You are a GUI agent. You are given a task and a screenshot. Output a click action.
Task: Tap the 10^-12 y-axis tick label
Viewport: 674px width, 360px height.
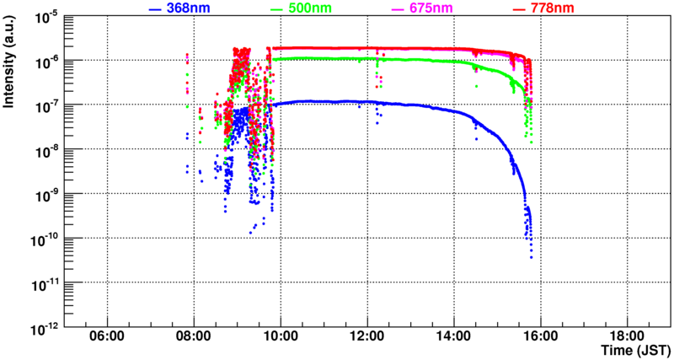46,325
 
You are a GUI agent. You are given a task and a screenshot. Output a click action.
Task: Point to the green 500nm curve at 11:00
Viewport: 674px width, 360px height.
324,58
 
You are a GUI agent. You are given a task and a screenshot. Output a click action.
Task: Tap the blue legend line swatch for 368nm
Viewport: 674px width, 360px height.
155,8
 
